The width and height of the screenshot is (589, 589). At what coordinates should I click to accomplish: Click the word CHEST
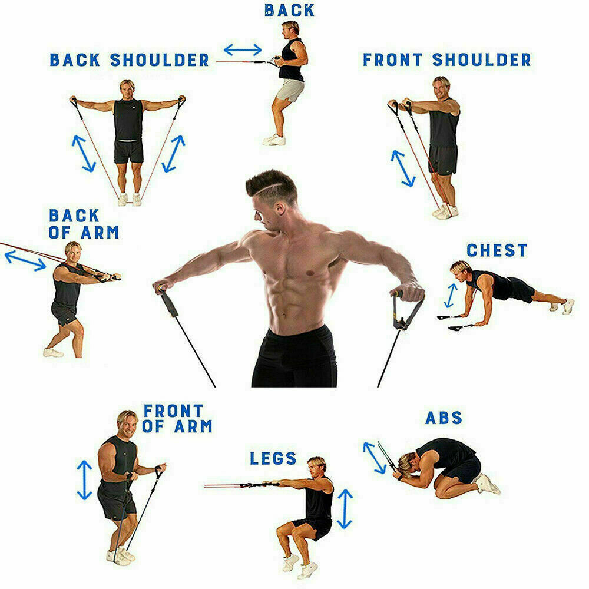tap(497, 250)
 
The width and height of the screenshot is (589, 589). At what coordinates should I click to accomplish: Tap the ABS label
tap(444, 418)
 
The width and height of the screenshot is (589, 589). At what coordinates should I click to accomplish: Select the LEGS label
tap(273, 458)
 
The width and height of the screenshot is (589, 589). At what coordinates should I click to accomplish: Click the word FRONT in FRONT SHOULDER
tap(392, 59)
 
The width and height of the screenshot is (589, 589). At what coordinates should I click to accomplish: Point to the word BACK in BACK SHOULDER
tap(75, 59)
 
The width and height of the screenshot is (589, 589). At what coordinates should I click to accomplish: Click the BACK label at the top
tap(289, 10)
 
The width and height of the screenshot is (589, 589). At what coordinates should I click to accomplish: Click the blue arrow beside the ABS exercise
tap(375, 457)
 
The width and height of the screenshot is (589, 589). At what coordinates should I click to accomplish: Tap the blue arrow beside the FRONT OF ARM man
tap(85, 479)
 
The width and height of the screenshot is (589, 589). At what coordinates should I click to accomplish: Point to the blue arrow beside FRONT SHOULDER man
tap(403, 168)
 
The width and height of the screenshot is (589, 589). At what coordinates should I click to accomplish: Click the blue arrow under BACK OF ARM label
tap(25, 260)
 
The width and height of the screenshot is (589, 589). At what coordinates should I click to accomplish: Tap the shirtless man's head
tap(272, 194)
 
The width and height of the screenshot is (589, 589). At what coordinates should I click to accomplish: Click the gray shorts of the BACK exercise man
tap(290, 91)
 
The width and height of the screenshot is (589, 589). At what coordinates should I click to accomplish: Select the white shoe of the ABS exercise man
tap(487, 484)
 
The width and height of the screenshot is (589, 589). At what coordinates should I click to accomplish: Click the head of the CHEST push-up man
tap(461, 273)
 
